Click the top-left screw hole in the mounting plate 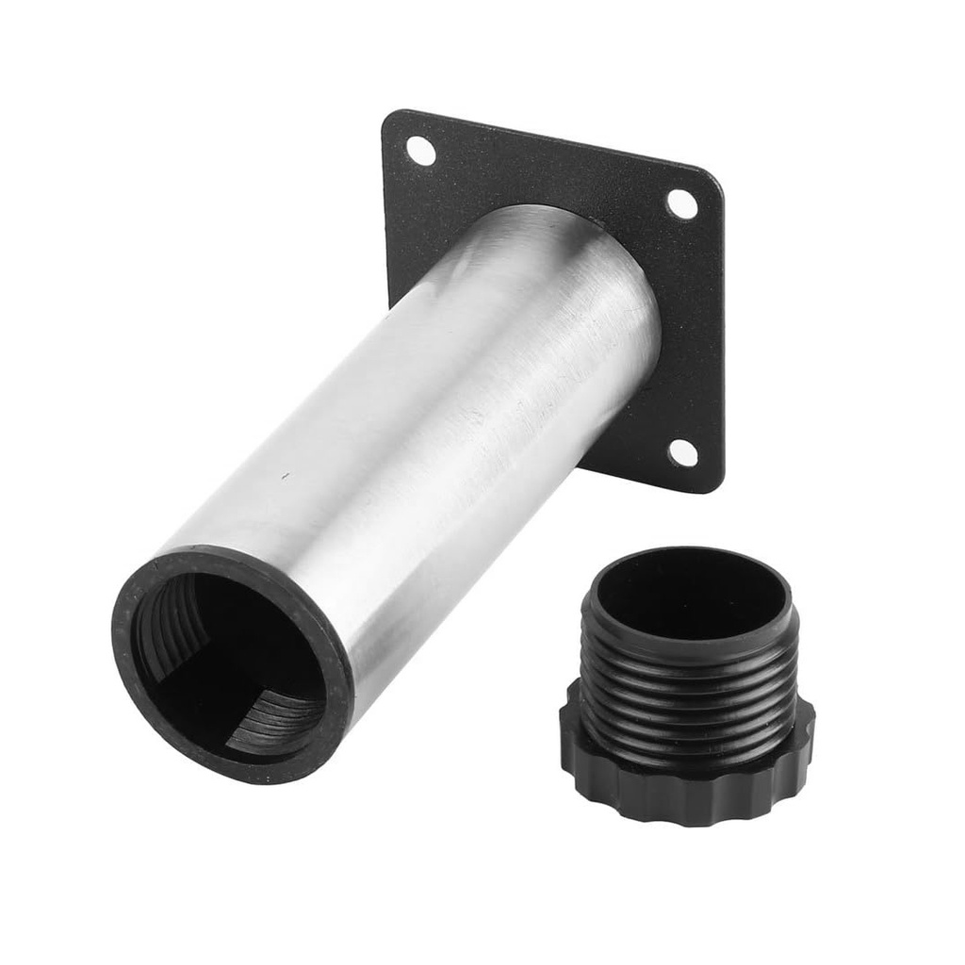coord(420,151)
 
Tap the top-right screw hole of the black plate coord(681,203)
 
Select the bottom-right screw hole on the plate coord(683,452)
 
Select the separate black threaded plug coord(688,688)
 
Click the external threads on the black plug coord(688,697)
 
